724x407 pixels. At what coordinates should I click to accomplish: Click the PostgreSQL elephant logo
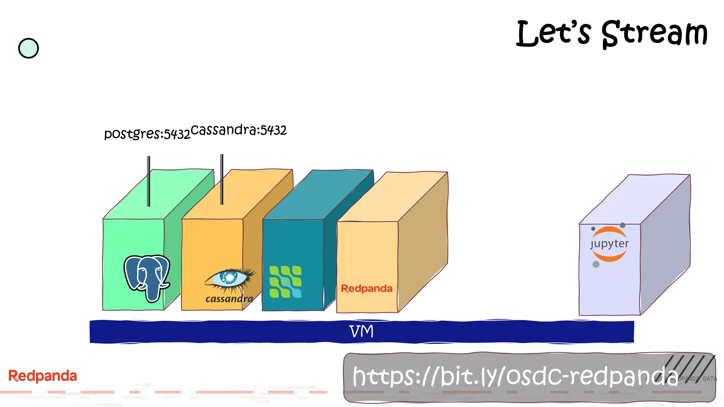click(147, 277)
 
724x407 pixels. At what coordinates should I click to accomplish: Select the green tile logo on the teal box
click(285, 282)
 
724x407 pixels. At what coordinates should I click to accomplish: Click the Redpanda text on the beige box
click(367, 289)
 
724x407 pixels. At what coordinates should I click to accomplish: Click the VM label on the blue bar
click(361, 331)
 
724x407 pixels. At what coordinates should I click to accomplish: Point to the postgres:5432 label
click(147, 134)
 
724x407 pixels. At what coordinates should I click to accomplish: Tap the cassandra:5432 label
click(239, 130)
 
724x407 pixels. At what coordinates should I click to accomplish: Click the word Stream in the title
click(654, 34)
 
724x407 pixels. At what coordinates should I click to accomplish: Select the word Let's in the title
click(553, 34)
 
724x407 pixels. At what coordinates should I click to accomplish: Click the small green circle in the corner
click(28, 48)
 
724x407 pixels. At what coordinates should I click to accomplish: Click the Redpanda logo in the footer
click(42, 376)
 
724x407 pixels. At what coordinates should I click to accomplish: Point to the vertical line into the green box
click(149, 181)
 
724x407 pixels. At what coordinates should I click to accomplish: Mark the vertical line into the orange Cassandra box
click(222, 179)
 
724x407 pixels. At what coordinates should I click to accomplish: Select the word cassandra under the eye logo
click(229, 299)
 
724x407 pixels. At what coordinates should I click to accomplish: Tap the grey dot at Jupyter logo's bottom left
click(596, 264)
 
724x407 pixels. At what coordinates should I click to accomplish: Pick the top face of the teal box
click(318, 194)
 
